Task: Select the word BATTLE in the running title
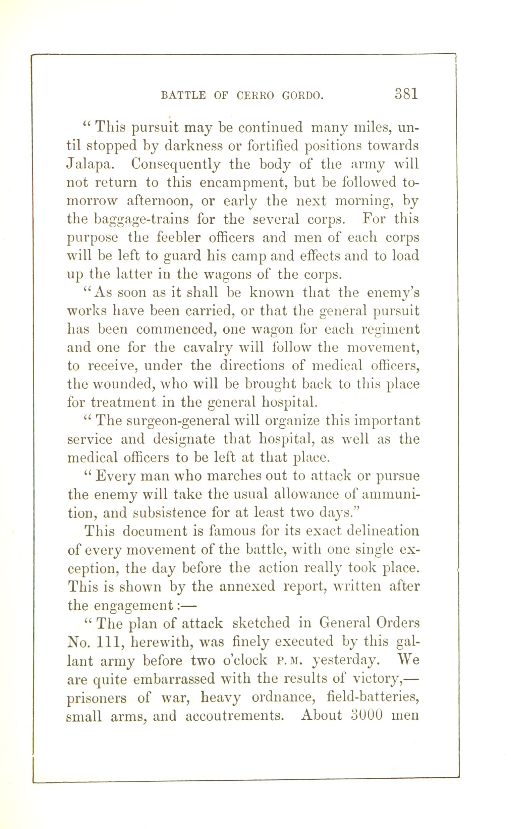pos(183,96)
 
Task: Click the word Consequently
pos(176,165)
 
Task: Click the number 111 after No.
pos(107,641)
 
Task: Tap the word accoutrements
pos(234,715)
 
